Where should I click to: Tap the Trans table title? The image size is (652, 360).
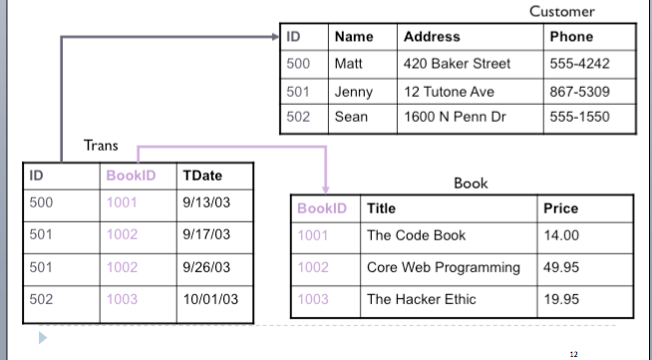(x=101, y=146)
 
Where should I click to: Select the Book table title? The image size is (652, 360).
(x=471, y=183)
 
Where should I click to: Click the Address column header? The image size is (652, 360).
(x=432, y=37)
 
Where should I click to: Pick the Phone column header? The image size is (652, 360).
(x=571, y=37)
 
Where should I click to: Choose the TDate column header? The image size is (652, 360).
(x=202, y=176)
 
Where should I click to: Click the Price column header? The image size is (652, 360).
(x=560, y=209)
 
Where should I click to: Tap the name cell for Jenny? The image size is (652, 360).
(x=354, y=91)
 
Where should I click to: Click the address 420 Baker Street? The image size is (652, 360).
(x=457, y=64)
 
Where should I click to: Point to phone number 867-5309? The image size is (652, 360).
(x=579, y=91)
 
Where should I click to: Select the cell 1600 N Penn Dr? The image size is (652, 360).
(x=455, y=117)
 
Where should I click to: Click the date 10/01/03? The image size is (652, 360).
(x=208, y=298)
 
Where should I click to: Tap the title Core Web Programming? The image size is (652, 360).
(x=444, y=267)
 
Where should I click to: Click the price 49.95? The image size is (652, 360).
(x=561, y=267)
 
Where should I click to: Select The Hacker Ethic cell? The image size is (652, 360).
(x=422, y=298)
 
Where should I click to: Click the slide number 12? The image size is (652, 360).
(x=573, y=352)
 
